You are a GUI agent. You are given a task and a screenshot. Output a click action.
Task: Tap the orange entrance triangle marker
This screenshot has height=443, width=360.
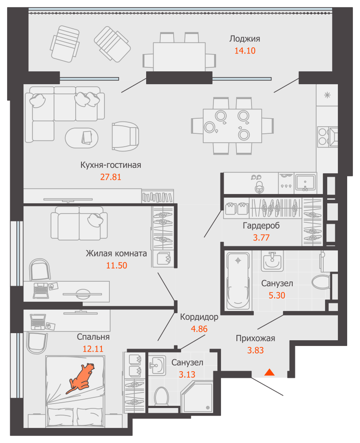[269, 372]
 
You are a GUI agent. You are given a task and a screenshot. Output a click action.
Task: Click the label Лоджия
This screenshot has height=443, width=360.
[244, 39]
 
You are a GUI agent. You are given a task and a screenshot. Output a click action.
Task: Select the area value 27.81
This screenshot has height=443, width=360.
[111, 177]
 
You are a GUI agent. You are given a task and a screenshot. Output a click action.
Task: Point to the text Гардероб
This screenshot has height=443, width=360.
[261, 225]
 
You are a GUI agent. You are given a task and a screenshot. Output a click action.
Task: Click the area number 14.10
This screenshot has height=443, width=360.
[245, 51]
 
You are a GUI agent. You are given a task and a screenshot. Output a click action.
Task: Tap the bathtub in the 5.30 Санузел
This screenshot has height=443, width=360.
[238, 281]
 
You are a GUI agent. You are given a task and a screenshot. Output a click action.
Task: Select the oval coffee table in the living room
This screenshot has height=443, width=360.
[81, 138]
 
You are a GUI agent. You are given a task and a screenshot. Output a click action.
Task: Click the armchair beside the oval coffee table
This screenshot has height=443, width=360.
[125, 136]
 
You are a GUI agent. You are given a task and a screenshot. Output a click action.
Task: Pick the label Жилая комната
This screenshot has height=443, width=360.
[116, 253]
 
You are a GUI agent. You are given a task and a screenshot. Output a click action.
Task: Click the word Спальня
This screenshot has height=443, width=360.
[93, 337]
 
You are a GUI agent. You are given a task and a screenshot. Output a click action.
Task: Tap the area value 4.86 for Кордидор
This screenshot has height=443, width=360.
[199, 329]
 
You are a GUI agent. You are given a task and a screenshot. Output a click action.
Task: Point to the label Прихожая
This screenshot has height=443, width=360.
[255, 338]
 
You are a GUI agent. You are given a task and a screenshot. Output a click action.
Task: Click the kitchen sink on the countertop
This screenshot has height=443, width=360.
[305, 183]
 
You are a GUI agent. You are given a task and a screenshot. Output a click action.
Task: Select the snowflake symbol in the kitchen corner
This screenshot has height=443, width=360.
[327, 95]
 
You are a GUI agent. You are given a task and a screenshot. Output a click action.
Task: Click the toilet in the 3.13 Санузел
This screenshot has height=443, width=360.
[162, 396]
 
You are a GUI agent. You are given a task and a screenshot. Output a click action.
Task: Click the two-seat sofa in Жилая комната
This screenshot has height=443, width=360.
[79, 223]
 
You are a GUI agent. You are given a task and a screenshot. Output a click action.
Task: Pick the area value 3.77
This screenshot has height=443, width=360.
[261, 237]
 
